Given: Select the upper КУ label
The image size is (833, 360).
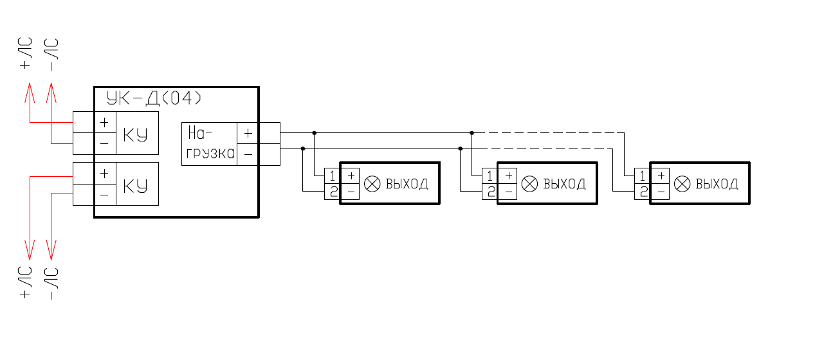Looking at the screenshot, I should point(135,135).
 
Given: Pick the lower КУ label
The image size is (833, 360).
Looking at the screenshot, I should point(135,186).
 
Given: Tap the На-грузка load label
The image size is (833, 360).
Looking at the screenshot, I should point(210,144).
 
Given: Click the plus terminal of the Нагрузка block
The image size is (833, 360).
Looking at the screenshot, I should point(248,134).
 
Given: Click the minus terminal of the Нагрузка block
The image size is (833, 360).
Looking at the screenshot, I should point(248,155).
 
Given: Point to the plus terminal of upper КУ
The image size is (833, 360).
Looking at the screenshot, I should point(104,122).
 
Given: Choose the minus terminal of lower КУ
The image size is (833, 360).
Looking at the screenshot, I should point(104,194).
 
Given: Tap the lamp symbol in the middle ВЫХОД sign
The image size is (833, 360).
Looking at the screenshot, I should point(529,184).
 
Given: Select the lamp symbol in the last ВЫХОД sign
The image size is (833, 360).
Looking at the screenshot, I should point(681,184).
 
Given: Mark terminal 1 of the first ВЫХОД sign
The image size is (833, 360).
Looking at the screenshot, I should point(332,175).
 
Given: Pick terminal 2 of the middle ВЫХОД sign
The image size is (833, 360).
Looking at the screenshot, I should point(490,192).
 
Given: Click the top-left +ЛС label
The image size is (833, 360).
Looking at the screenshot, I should point(26,54).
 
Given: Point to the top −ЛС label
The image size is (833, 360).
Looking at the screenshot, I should point(52,54).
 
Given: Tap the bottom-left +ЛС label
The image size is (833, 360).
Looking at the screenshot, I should point(26,282).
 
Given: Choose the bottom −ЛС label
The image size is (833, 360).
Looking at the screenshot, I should point(52,282).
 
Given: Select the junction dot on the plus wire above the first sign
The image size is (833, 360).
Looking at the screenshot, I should point(315,133).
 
